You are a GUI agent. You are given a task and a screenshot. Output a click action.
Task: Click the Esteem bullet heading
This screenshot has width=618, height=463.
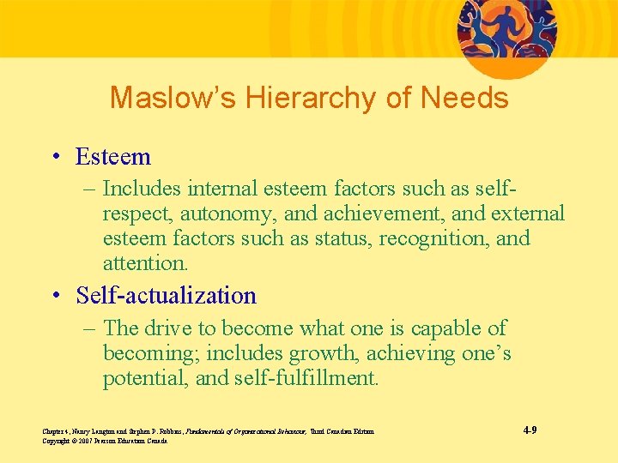coord(112,157)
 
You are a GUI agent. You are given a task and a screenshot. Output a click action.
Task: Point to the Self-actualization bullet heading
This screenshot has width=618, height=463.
coord(166,296)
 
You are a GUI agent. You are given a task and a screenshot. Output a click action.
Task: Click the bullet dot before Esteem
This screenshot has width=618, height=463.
coord(57,158)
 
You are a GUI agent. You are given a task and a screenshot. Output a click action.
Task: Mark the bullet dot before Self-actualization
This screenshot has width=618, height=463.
coord(57,297)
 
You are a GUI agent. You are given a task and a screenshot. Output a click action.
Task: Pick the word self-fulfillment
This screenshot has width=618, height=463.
coord(306,377)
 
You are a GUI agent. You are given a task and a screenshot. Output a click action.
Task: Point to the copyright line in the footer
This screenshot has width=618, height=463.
coord(104,441)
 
